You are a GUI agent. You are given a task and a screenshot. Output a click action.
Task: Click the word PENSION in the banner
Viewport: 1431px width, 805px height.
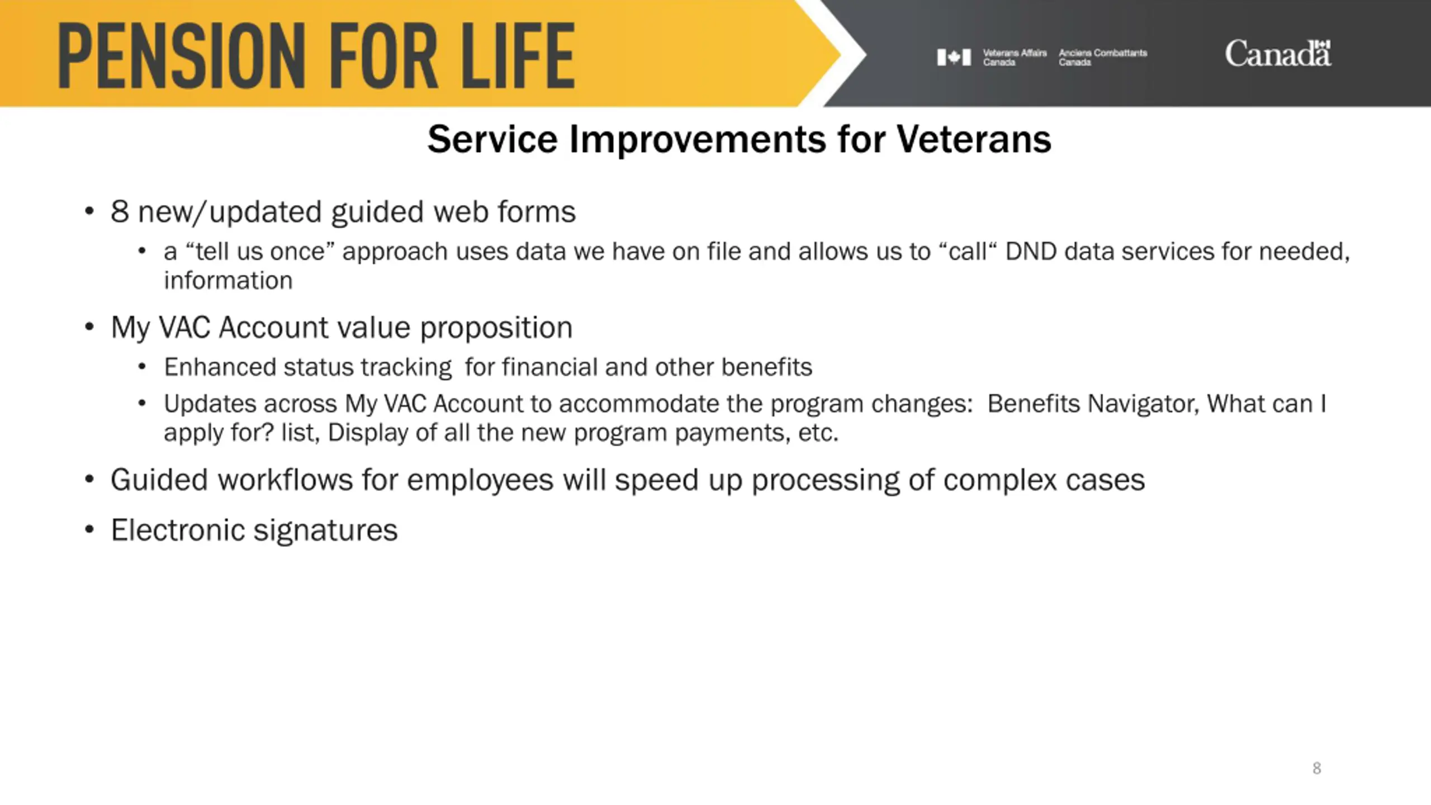pos(182,55)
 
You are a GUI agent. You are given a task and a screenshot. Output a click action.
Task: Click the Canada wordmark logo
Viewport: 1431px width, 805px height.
pos(1278,54)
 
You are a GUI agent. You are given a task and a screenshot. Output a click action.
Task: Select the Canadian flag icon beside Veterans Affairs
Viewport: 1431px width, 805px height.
pos(954,57)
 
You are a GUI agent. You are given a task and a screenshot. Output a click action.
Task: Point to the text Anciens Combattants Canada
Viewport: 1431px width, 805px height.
pos(1102,57)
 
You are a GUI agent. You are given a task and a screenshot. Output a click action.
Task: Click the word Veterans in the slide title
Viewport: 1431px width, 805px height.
pos(974,139)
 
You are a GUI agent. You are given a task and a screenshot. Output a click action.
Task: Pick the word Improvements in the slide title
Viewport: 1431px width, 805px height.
pos(698,140)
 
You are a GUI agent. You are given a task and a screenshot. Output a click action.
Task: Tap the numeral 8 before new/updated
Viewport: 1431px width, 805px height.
pos(120,211)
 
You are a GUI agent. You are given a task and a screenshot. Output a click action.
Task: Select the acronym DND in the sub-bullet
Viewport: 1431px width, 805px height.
pos(1031,252)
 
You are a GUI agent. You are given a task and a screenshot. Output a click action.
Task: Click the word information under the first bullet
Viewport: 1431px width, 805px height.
pos(228,281)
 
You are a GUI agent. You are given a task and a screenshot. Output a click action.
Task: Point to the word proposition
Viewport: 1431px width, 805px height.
pos(496,328)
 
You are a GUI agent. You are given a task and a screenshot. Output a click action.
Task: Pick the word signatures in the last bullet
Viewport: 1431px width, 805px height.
pos(325,531)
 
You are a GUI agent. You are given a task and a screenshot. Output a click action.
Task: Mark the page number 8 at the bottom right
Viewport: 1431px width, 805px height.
pos(1316,768)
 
